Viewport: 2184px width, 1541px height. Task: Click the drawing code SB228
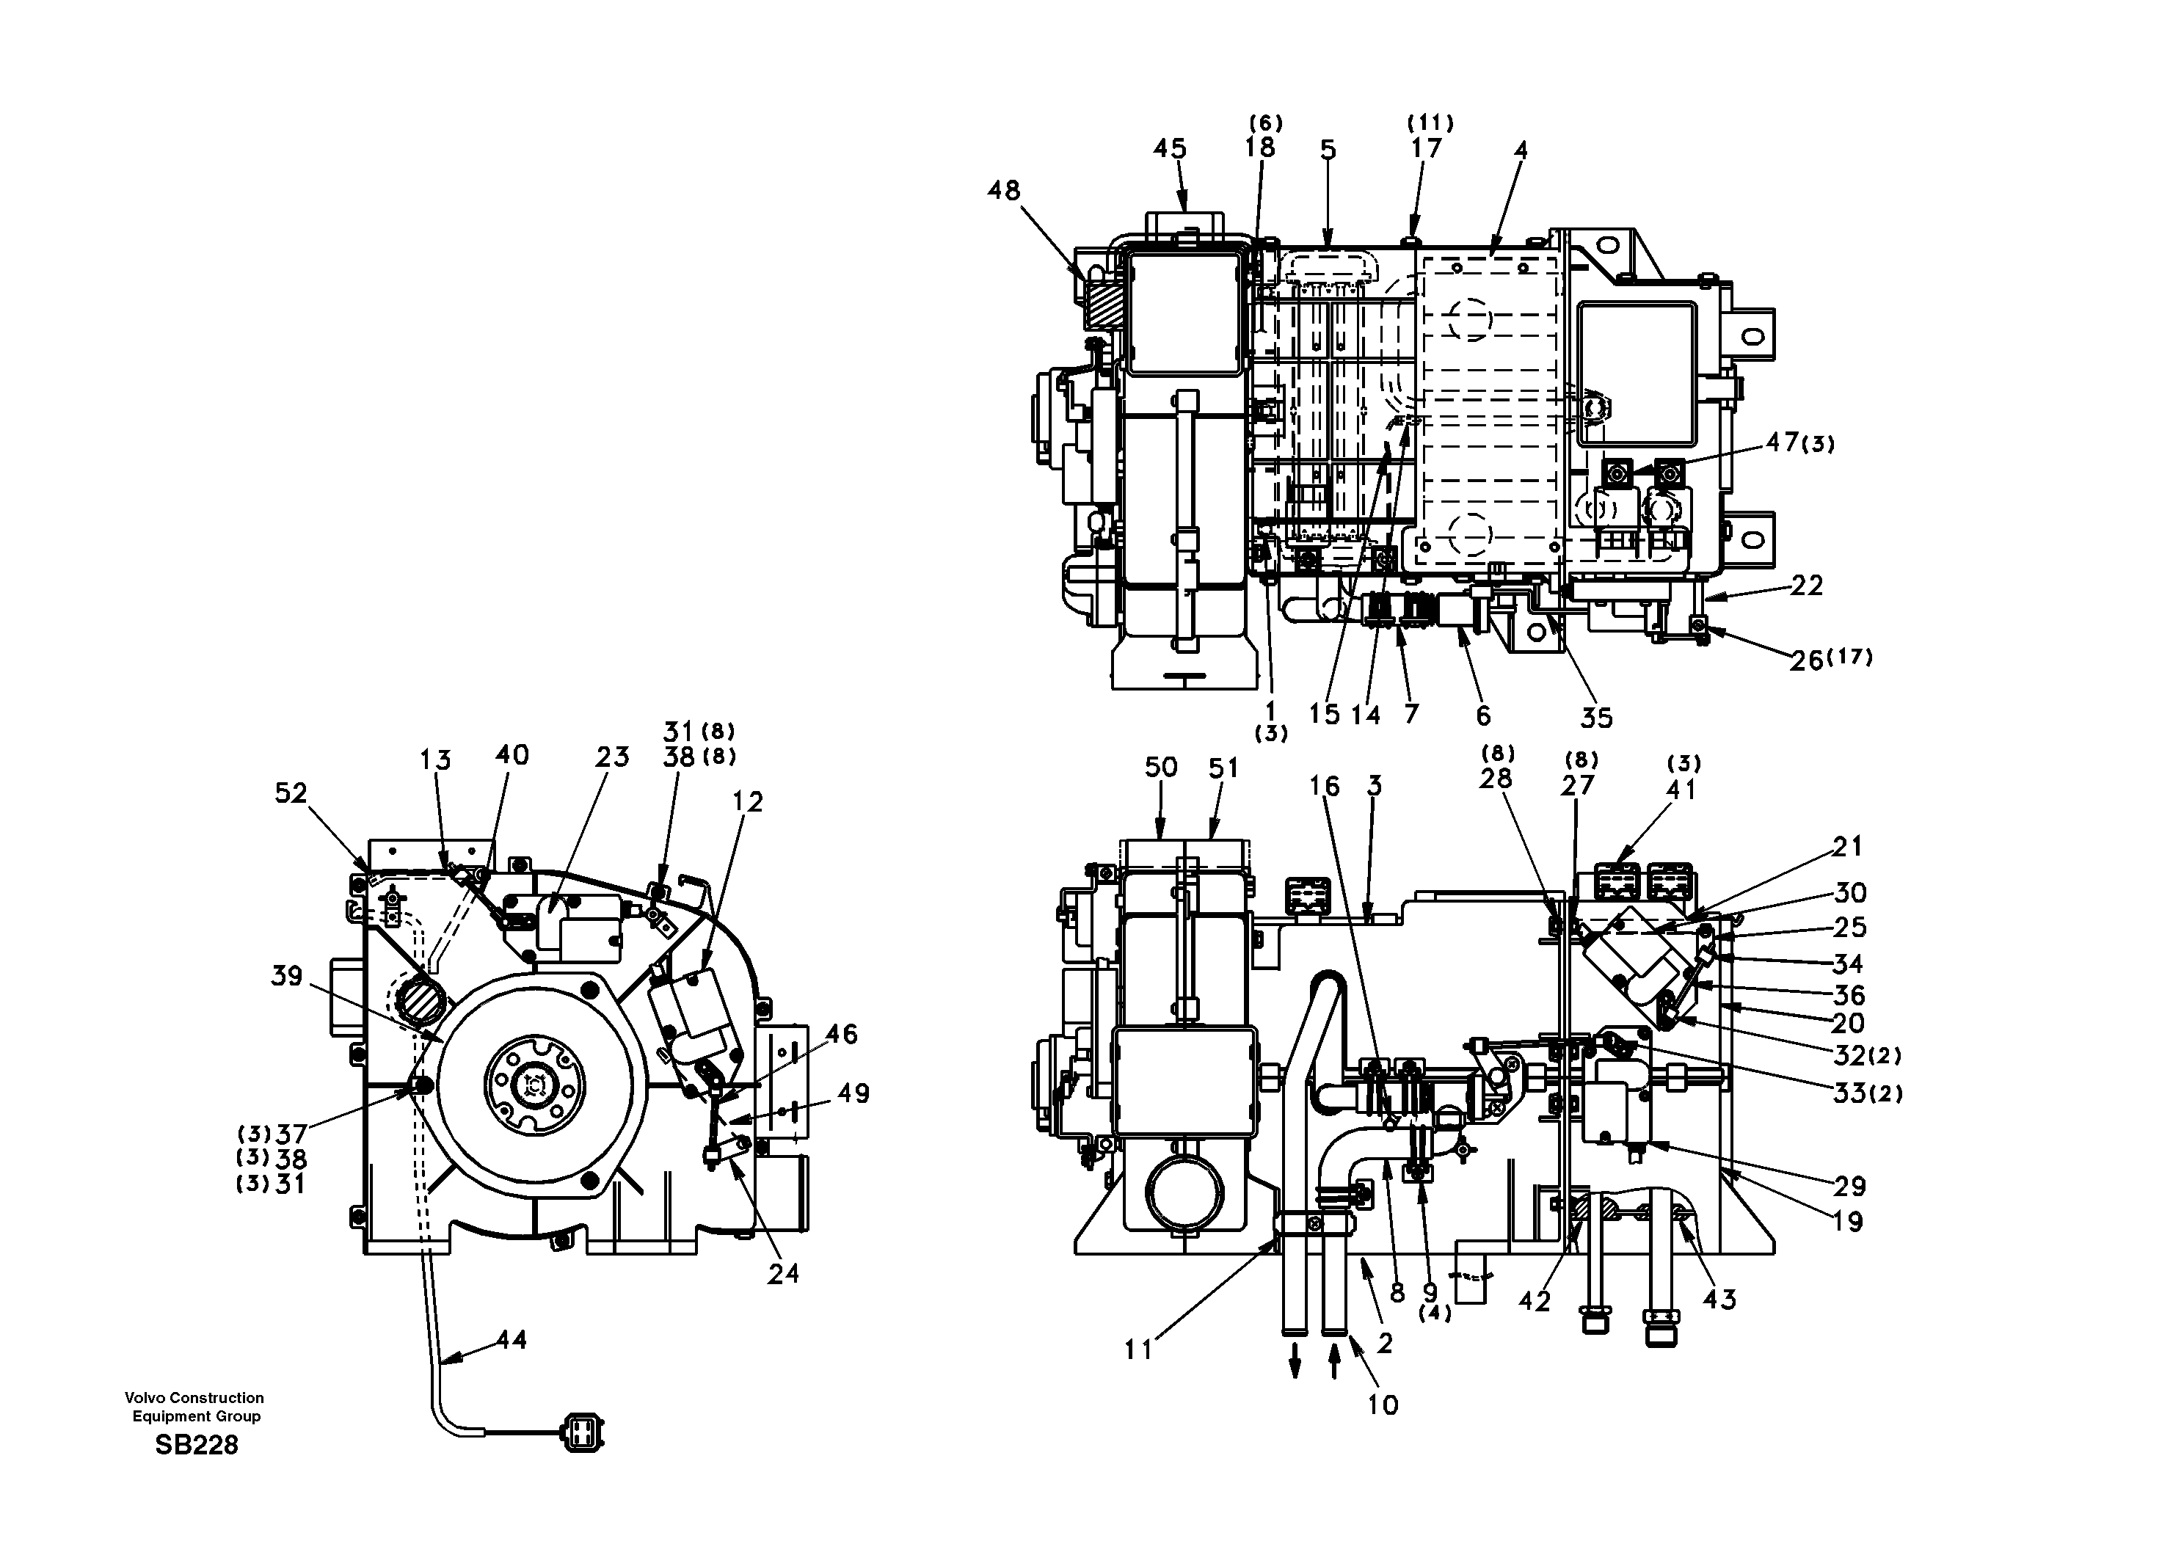pyautogui.click(x=196, y=1445)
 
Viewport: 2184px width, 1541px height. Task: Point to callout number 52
pyautogui.click(x=291, y=793)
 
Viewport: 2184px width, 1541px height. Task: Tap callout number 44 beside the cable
pyautogui.click(x=512, y=1339)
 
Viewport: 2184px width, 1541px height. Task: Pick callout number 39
pyautogui.click(x=286, y=976)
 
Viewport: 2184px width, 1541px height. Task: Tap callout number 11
pyautogui.click(x=1137, y=1349)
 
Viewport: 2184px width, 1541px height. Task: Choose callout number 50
pyautogui.click(x=1160, y=767)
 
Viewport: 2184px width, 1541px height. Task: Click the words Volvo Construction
pyautogui.click(x=194, y=1397)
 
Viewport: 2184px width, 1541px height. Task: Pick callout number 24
pyautogui.click(x=784, y=1272)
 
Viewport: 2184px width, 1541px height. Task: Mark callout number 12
pyautogui.click(x=749, y=802)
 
